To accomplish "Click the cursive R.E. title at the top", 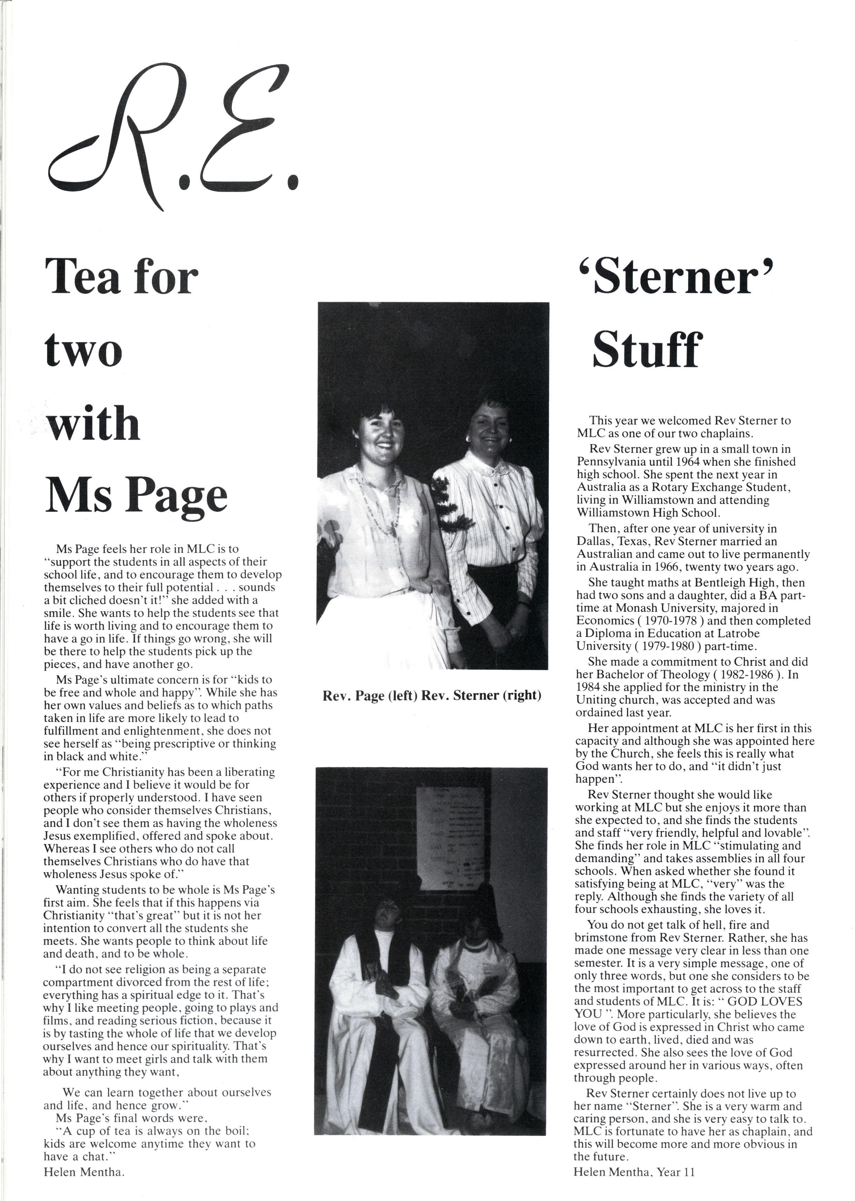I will [x=174, y=142].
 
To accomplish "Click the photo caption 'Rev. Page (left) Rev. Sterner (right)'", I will [x=432, y=695].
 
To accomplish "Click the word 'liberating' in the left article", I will [x=250, y=772].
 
